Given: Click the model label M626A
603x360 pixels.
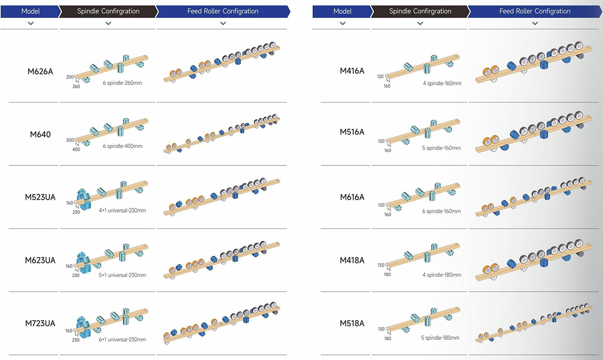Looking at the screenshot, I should click(x=40, y=71).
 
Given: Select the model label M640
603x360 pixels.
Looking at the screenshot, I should click(x=40, y=134).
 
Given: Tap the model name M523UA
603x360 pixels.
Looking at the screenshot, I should click(x=40, y=198).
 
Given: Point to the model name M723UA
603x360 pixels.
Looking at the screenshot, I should click(x=40, y=323).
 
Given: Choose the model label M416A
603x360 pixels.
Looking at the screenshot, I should click(x=352, y=71).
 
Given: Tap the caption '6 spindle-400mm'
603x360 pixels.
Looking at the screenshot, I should click(x=123, y=146).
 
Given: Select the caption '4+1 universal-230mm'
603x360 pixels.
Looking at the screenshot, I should click(x=123, y=211).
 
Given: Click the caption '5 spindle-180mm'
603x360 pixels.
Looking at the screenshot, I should click(x=440, y=338).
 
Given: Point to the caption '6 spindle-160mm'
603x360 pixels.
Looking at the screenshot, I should click(x=441, y=211).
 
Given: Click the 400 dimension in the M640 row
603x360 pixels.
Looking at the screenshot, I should click(x=76, y=149).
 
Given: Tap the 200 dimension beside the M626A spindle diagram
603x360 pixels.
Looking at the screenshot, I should click(x=69, y=77).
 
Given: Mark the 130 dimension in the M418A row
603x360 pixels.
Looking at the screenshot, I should click(x=381, y=265).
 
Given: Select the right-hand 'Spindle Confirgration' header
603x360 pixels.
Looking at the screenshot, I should click(x=420, y=11).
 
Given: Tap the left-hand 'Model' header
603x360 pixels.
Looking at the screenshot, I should click(x=30, y=11).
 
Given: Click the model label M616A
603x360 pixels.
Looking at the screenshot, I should click(x=352, y=197).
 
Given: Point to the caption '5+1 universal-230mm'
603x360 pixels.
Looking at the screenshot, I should click(x=123, y=275).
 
